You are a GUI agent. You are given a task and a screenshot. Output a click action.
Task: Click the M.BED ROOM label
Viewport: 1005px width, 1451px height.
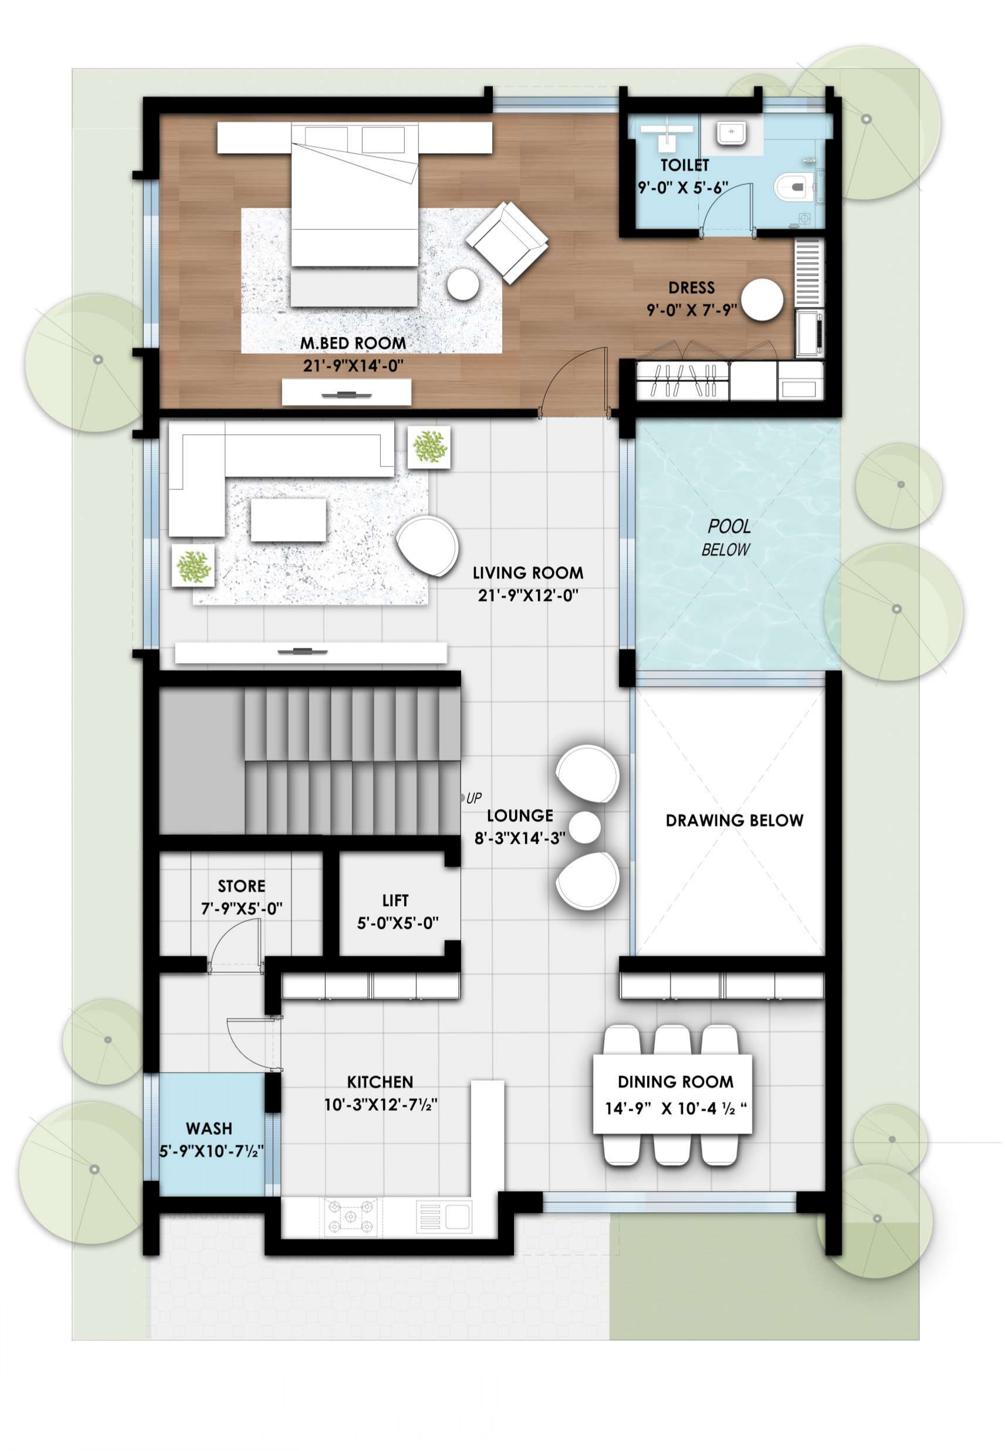[x=353, y=343]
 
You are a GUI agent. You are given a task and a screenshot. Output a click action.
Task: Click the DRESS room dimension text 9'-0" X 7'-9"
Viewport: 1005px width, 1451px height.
[x=691, y=310]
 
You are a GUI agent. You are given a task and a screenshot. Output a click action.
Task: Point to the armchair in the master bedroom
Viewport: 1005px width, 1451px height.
[x=507, y=242]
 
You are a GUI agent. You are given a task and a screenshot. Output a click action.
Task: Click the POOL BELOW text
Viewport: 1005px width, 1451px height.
[x=728, y=537]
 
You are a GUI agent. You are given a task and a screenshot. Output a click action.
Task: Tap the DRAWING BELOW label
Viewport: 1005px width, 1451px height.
[x=734, y=820]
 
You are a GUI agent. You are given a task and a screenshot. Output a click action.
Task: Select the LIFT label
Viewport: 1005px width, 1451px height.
[x=395, y=900]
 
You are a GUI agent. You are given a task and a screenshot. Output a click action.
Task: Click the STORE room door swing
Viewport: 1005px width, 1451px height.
[x=236, y=943]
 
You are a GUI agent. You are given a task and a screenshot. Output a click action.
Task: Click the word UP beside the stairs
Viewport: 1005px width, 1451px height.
[x=474, y=798]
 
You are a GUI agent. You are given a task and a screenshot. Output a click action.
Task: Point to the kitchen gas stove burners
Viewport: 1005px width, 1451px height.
[x=351, y=1216]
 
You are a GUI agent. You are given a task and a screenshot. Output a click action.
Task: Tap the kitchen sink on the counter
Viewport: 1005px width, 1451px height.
[x=445, y=1216]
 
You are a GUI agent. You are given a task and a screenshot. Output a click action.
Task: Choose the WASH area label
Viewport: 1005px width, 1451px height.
[x=209, y=1128]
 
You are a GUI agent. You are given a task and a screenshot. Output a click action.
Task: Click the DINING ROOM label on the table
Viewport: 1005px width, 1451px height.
[x=675, y=1082]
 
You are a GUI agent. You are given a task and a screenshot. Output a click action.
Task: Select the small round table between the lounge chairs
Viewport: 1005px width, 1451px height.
[x=585, y=827]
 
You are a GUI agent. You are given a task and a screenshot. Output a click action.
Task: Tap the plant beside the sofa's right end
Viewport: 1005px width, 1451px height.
[x=429, y=447]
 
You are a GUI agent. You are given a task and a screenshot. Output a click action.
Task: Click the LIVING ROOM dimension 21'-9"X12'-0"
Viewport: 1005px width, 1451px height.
[x=527, y=595]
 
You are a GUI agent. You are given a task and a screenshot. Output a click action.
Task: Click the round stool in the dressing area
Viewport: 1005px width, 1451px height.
[x=762, y=300]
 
